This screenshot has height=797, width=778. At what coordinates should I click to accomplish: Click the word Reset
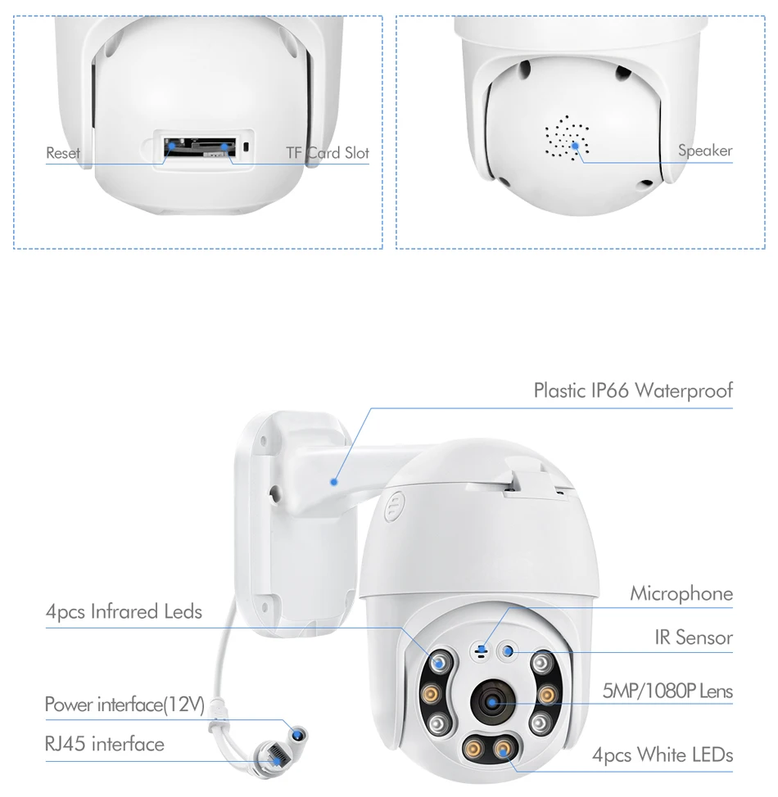(63, 153)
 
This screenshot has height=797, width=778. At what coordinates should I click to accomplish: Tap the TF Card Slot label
(328, 153)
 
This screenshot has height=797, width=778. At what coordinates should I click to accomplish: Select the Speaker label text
(704, 151)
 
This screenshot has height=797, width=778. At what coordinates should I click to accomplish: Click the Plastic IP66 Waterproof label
(632, 390)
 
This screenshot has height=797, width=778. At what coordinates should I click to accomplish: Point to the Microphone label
(681, 594)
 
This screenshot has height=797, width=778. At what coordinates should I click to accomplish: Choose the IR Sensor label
(693, 637)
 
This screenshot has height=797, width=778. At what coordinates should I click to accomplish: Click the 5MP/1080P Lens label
(667, 691)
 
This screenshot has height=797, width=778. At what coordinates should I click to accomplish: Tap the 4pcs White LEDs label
(662, 754)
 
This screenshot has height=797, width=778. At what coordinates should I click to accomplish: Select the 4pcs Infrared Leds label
(124, 611)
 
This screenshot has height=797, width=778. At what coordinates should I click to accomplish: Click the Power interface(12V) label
(124, 705)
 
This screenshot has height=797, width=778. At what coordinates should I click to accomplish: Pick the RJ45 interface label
(104, 744)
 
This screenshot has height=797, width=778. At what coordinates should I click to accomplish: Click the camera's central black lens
(493, 702)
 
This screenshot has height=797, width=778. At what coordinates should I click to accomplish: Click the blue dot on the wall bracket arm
(333, 483)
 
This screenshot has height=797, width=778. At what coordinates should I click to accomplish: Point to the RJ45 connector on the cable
(276, 757)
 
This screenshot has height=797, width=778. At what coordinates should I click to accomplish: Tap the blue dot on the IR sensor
(508, 651)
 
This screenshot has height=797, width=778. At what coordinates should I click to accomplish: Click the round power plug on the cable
(297, 731)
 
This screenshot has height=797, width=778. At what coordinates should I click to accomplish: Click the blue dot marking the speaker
(576, 146)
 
